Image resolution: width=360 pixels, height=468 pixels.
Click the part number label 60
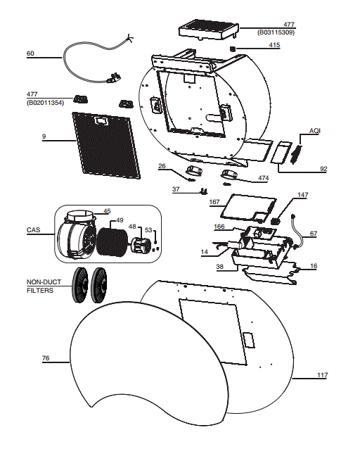[x=30, y=53]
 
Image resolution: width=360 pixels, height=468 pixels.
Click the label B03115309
[x=275, y=32]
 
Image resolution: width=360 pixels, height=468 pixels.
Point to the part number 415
[x=274, y=46]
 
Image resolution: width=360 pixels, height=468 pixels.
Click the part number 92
[x=323, y=169]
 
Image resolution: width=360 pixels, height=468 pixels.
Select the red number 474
[x=263, y=179]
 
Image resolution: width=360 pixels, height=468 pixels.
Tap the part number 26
[x=162, y=167]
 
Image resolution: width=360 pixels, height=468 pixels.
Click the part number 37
[x=177, y=189]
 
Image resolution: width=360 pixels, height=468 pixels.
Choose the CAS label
[x=33, y=230]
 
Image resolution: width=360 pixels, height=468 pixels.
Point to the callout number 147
[x=302, y=195]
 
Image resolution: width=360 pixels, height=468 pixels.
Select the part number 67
[x=313, y=233]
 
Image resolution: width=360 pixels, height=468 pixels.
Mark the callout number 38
[x=220, y=267]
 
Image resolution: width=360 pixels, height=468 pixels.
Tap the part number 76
[x=46, y=358]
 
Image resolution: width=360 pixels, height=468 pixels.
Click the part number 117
[x=321, y=374]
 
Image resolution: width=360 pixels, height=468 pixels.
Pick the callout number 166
[x=219, y=227]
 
